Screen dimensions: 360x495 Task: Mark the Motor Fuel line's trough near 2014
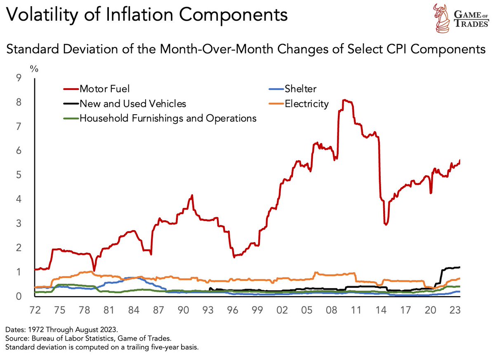pyautogui.click(x=385, y=224)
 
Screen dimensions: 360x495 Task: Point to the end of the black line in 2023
pyautogui.click(x=460, y=267)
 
